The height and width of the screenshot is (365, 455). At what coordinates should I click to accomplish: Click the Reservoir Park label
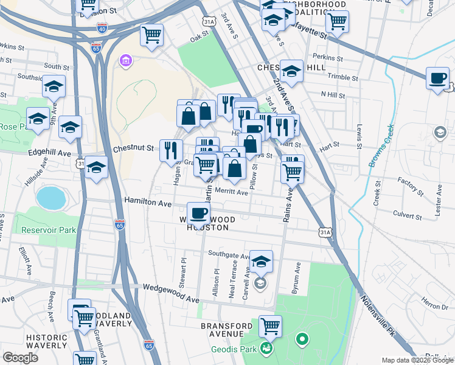click(48, 230)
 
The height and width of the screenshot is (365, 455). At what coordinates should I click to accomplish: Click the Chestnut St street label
click(133, 148)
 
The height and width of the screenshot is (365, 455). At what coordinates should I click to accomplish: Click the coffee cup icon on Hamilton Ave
click(199, 213)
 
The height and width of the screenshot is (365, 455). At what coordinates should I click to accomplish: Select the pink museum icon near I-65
click(126, 61)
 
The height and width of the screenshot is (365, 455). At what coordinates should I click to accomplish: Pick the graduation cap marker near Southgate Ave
click(261, 262)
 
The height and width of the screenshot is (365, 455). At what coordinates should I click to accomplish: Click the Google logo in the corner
click(20, 358)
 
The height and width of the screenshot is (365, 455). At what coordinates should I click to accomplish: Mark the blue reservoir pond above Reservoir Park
click(50, 198)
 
